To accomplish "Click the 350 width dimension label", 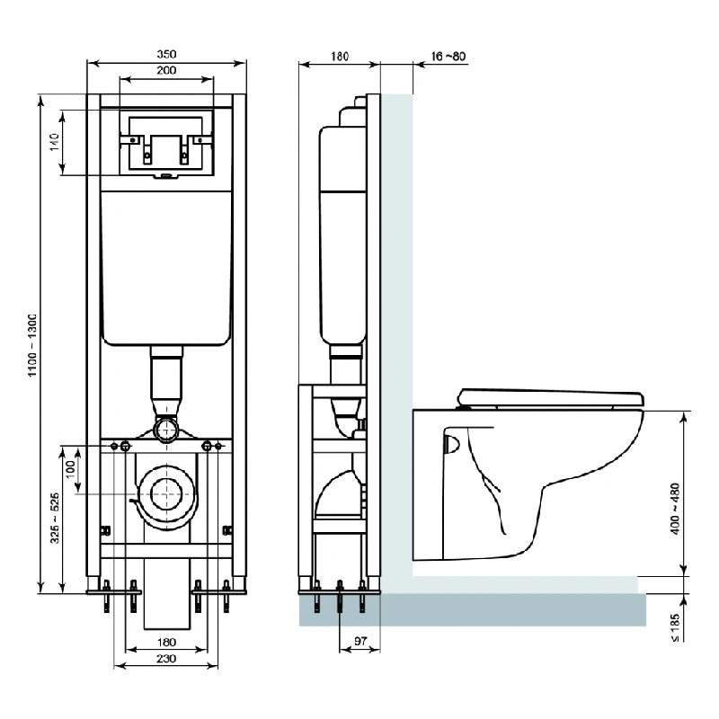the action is click(166, 54).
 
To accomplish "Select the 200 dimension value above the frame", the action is click(166, 70).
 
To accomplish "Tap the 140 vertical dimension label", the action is click(55, 142).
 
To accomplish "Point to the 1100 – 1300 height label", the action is click(32, 346).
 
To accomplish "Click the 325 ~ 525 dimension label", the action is click(55, 519).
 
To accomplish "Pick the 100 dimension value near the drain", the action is click(70, 469).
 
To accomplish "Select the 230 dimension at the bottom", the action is click(166, 659).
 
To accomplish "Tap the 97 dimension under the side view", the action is click(360, 641).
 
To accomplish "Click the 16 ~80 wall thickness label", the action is click(448, 56).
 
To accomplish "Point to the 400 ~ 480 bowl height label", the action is click(675, 509).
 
